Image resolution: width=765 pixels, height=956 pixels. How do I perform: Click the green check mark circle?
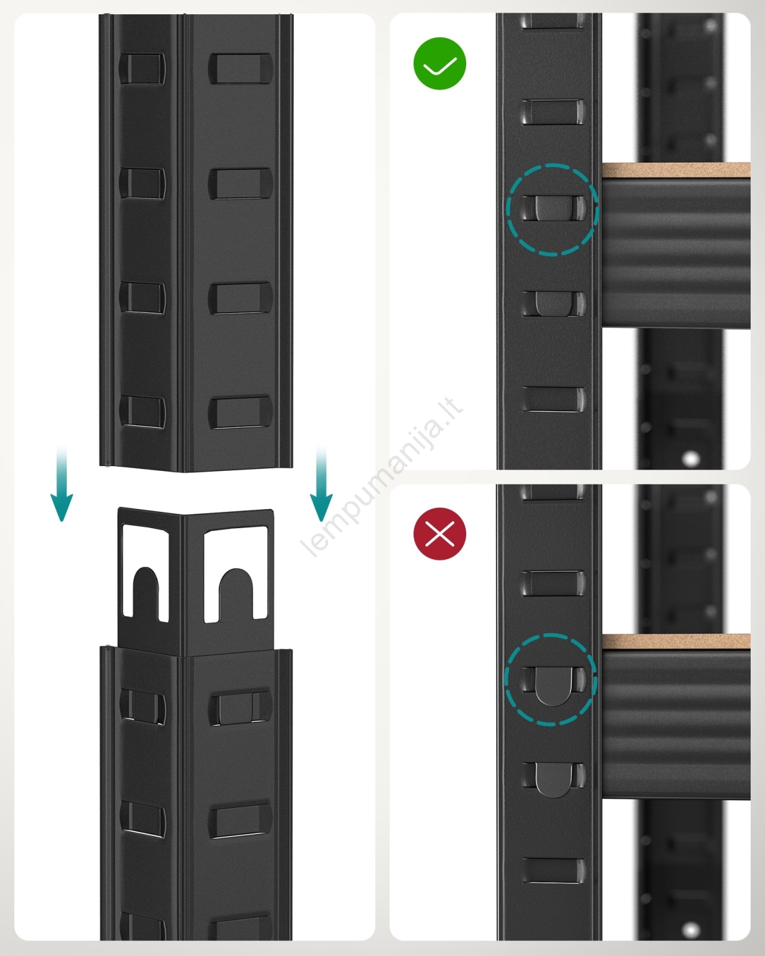(440, 63)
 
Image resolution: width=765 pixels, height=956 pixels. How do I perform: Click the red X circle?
(440, 534)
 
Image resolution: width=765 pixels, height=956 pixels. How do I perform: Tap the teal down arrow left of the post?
(62, 483)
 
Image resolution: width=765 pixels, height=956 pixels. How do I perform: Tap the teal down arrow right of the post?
(321, 483)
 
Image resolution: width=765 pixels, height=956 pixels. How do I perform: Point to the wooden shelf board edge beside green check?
(676, 171)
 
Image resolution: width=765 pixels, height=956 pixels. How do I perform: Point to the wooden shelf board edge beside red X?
(676, 642)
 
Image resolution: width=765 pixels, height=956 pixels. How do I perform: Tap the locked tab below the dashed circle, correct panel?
(553, 304)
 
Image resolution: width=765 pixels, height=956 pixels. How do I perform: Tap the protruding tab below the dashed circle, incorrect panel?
(553, 780)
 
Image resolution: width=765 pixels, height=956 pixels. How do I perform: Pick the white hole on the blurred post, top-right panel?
(691, 458)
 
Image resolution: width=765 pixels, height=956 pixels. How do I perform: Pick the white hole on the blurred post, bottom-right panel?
(691, 929)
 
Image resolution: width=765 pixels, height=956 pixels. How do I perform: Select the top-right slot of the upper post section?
(240, 69)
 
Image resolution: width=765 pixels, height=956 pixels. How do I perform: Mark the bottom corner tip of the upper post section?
(183, 472)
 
